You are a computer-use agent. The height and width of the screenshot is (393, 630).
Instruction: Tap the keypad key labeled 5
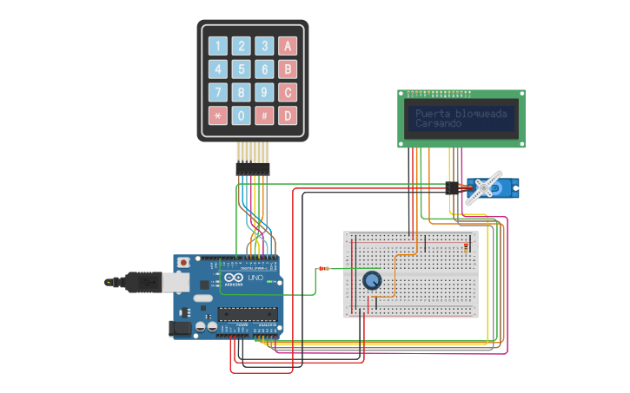coord(242,69)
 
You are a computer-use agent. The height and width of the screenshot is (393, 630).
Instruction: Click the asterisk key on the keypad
coord(218,115)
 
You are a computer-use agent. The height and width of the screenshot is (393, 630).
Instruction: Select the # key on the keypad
coord(265,115)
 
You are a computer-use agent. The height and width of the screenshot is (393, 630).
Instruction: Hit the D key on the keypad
coord(288,115)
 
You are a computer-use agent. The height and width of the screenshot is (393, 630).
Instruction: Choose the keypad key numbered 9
coord(265,92)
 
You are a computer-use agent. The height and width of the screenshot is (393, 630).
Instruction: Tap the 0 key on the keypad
coord(242,115)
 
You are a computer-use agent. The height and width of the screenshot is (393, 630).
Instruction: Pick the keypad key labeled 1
coord(218,47)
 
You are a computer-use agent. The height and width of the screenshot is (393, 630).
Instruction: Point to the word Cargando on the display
coord(439,124)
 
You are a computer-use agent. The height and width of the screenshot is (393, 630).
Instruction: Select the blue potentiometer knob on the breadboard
coord(372,280)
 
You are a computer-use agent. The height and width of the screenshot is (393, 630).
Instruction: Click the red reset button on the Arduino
coord(182,263)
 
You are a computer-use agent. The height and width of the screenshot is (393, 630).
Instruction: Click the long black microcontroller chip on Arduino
coord(248,313)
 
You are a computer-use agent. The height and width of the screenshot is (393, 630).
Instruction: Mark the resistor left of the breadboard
coord(325,268)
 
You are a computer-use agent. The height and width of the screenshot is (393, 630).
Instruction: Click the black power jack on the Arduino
coord(179,328)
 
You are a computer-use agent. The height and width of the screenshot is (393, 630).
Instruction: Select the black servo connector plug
coord(452,187)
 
